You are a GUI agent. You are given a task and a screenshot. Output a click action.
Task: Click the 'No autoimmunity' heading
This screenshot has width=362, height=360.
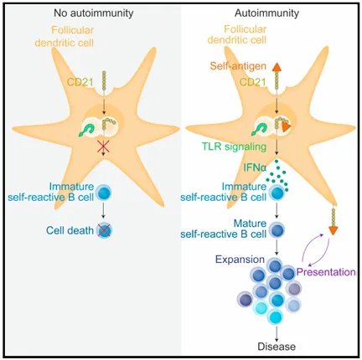(x=93, y=13)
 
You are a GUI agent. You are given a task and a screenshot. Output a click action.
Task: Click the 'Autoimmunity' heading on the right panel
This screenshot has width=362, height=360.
(x=266, y=13)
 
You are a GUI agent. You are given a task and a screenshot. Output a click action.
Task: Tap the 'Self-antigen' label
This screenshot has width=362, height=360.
(x=238, y=66)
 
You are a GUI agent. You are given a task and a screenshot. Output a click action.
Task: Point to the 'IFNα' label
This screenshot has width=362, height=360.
(x=254, y=168)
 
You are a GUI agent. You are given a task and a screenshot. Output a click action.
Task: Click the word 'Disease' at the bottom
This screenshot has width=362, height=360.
(x=277, y=347)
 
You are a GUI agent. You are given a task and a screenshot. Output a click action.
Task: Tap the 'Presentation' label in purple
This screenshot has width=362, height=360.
(x=326, y=272)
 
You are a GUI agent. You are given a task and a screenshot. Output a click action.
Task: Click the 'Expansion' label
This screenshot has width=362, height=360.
(x=240, y=260)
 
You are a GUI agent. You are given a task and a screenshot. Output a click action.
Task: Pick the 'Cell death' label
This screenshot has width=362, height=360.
(x=70, y=230)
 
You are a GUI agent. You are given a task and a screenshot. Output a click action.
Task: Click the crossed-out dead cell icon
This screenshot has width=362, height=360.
(x=104, y=230)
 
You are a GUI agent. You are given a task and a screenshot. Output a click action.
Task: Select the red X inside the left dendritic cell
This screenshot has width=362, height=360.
(x=103, y=147)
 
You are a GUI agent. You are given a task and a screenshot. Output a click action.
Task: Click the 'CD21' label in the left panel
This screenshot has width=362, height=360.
(x=80, y=82)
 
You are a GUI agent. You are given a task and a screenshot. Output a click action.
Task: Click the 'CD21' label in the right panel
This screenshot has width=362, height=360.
(x=253, y=82)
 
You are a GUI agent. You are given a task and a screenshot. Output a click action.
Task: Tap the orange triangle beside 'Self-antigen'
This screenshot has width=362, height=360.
(x=277, y=67)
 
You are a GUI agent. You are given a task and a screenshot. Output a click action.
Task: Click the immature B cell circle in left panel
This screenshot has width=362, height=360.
(x=104, y=193)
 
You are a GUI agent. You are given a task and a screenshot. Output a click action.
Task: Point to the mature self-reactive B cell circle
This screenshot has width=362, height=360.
(x=277, y=230)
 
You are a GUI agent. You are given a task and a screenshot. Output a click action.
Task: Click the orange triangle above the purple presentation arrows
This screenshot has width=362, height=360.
(x=333, y=230)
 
